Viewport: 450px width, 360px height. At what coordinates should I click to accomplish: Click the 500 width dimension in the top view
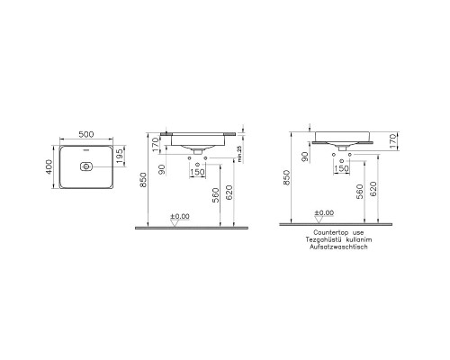point(86,134)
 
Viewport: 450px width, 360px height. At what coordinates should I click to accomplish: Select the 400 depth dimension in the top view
point(49,166)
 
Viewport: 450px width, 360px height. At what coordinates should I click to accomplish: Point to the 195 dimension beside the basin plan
point(120,157)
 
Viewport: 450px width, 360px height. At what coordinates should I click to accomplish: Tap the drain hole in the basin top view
point(86,166)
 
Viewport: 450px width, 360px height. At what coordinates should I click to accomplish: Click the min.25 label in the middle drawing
point(239,154)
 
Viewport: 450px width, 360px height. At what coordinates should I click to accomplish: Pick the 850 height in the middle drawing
point(143,180)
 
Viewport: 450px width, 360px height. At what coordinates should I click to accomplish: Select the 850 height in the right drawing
point(287,177)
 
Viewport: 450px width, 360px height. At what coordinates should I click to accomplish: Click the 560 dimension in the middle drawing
point(216,195)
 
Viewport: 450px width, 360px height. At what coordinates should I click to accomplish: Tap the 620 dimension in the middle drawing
point(229,193)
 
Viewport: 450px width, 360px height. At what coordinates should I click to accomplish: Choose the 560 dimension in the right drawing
point(359,192)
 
